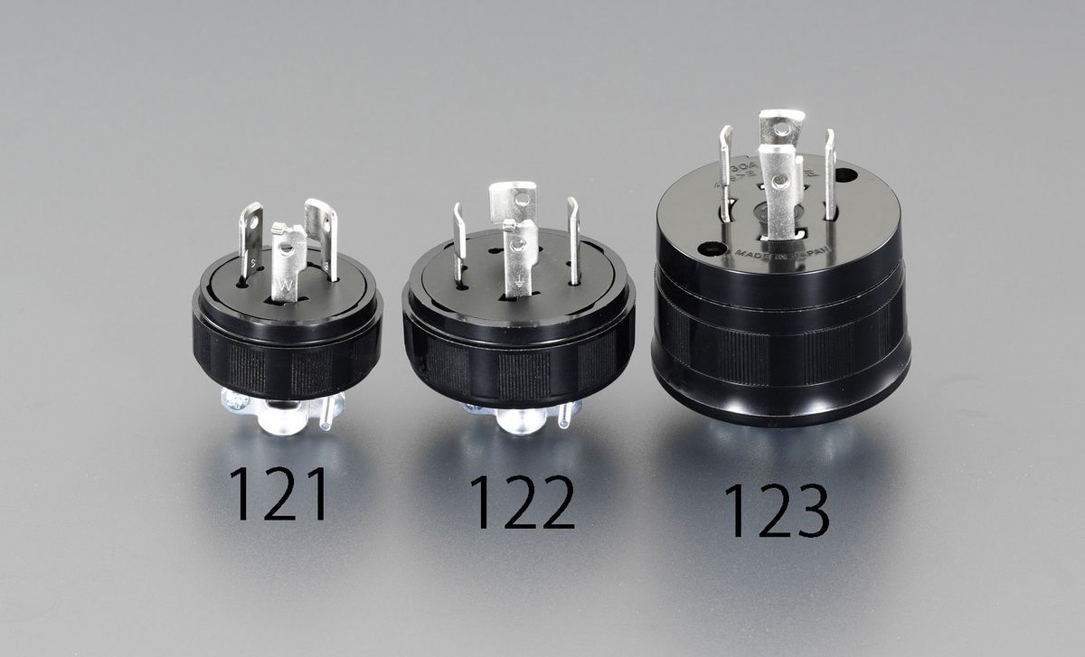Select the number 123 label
click(x=775, y=512)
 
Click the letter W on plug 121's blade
click(x=286, y=288)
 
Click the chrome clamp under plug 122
click(x=520, y=418)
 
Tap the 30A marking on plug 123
click(x=742, y=169)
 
